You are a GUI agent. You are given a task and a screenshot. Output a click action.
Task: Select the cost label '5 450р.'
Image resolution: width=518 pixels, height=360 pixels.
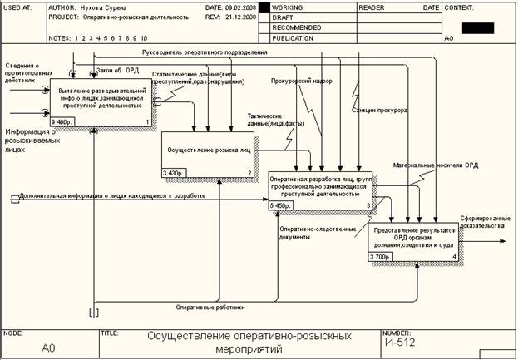click(282, 205)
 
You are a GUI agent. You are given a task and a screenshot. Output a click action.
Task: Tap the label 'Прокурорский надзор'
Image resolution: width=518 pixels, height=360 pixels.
click(300, 81)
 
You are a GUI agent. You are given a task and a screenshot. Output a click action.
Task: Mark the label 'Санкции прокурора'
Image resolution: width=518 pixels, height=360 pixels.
click(379, 109)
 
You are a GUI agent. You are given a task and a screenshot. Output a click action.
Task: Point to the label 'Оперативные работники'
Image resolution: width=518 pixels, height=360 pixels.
click(210, 308)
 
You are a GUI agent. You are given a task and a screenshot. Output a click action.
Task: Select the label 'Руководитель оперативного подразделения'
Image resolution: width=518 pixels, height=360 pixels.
click(205, 52)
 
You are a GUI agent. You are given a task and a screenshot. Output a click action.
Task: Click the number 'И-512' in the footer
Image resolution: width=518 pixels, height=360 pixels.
click(399, 341)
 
